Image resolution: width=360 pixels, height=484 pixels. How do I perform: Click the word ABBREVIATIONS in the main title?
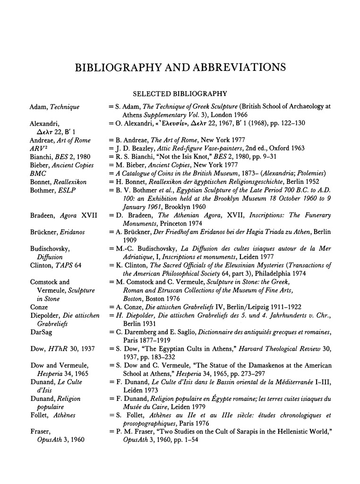click(236, 67)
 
